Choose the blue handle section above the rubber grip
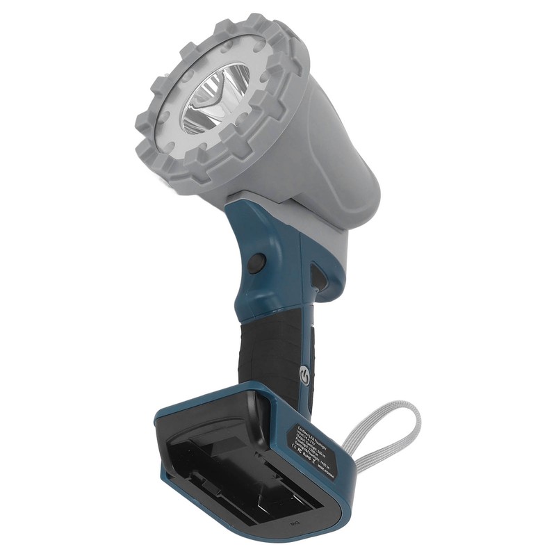coord(278,278)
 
